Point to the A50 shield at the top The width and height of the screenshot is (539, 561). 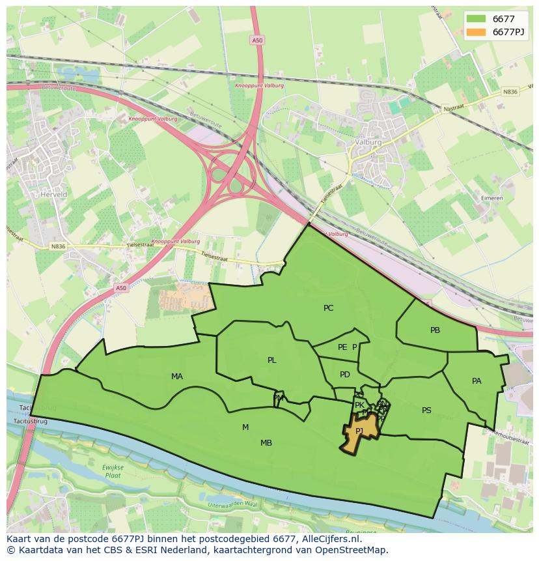(x=257, y=40)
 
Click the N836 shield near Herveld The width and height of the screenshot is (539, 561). (x=58, y=246)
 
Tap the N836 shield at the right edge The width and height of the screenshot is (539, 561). (x=510, y=92)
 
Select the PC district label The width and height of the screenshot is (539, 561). (x=328, y=308)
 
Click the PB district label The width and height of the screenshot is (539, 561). (x=435, y=330)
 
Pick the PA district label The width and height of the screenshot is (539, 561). (x=477, y=381)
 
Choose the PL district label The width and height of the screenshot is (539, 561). (x=271, y=360)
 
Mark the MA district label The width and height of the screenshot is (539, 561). (x=177, y=377)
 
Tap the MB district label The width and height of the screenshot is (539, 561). (x=266, y=443)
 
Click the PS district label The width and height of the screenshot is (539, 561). (x=426, y=410)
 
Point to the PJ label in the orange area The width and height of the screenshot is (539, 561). (x=359, y=431)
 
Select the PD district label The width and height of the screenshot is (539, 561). (x=344, y=375)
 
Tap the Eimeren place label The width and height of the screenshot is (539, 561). (x=473, y=198)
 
